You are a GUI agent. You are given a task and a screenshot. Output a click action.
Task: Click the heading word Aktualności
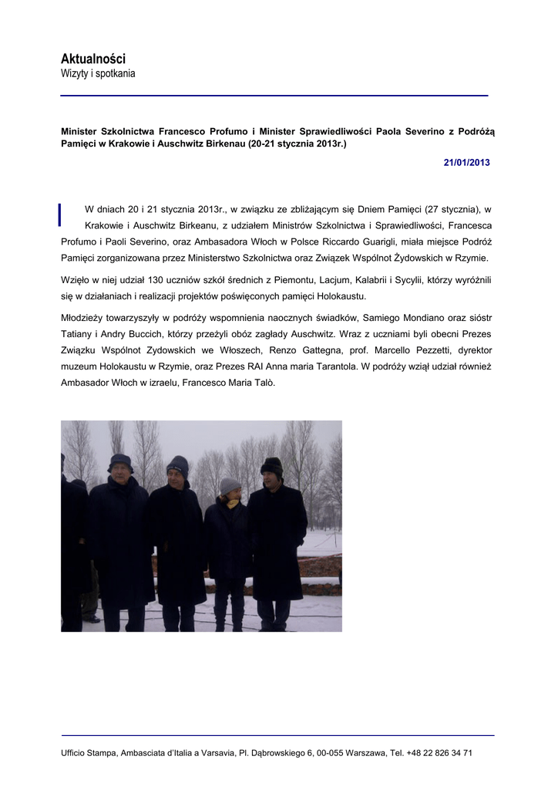click(x=92, y=59)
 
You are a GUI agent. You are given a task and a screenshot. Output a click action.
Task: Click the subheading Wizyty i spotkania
click(x=98, y=74)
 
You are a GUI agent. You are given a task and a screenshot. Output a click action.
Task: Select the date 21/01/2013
click(x=466, y=163)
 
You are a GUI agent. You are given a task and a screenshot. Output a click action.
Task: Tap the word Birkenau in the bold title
click(x=218, y=144)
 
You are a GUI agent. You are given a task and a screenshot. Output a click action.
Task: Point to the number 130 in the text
click(x=147, y=281)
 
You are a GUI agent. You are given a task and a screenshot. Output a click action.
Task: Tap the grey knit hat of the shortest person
click(x=230, y=485)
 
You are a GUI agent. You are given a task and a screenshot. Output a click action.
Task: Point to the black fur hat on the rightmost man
click(x=271, y=466)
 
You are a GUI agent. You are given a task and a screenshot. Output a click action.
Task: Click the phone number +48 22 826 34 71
click(x=439, y=752)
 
